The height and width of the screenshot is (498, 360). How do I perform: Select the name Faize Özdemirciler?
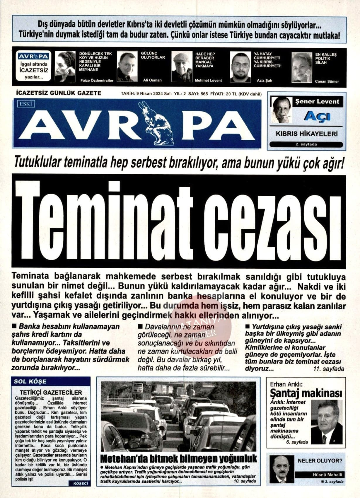(x=96, y=81)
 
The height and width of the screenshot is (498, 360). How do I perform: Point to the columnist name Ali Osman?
(x=152, y=80)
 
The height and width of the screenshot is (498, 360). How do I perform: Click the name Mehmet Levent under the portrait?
(x=208, y=81)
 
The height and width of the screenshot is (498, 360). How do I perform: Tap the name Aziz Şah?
(x=264, y=80)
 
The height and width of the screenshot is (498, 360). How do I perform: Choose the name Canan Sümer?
(x=327, y=81)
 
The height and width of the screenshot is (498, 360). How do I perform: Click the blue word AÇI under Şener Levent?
(x=317, y=117)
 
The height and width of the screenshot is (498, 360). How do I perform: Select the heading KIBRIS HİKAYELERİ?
(x=307, y=134)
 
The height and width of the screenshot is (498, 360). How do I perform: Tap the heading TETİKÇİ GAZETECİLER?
(x=51, y=393)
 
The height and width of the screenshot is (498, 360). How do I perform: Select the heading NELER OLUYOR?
(x=320, y=461)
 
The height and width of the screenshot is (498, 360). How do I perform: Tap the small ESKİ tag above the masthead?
(x=26, y=104)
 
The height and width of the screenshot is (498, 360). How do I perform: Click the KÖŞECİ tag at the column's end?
(x=79, y=484)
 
